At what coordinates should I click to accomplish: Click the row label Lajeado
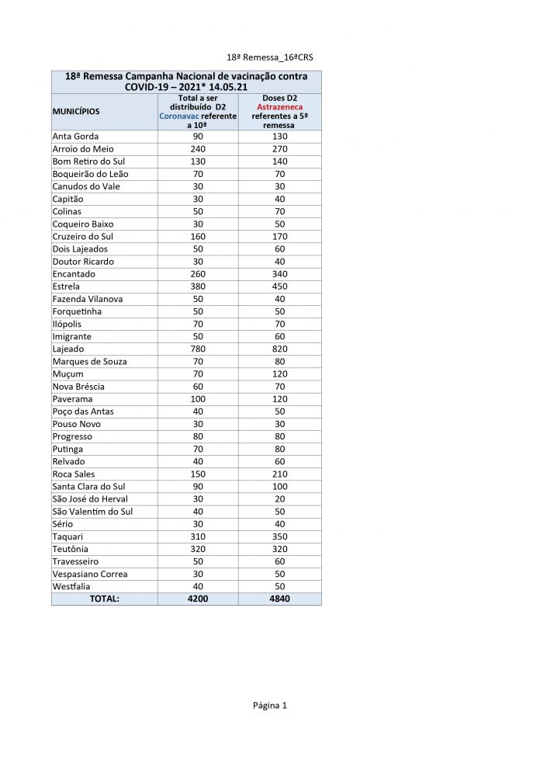click(x=68, y=349)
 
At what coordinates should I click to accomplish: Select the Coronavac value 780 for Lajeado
click(x=198, y=349)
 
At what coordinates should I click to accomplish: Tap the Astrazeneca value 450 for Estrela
click(x=279, y=286)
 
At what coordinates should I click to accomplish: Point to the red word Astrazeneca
click(x=279, y=107)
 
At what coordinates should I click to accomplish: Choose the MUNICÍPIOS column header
click(x=76, y=112)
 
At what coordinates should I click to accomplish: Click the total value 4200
click(x=198, y=599)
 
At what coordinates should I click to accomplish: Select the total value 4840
click(x=279, y=599)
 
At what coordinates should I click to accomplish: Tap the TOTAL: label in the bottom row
click(x=104, y=599)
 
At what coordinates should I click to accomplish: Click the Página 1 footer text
click(x=270, y=706)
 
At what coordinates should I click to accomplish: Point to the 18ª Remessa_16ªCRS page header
click(x=270, y=57)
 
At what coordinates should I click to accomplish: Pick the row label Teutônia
click(x=71, y=549)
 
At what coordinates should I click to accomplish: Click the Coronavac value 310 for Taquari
click(x=198, y=537)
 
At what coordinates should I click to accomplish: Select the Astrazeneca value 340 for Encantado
click(x=279, y=274)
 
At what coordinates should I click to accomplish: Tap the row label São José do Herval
click(x=90, y=499)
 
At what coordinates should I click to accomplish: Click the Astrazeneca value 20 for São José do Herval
click(x=279, y=499)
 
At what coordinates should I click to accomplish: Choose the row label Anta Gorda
click(x=75, y=137)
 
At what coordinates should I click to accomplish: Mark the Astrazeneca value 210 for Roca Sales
click(x=279, y=474)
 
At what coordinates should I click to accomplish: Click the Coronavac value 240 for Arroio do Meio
click(x=198, y=149)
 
